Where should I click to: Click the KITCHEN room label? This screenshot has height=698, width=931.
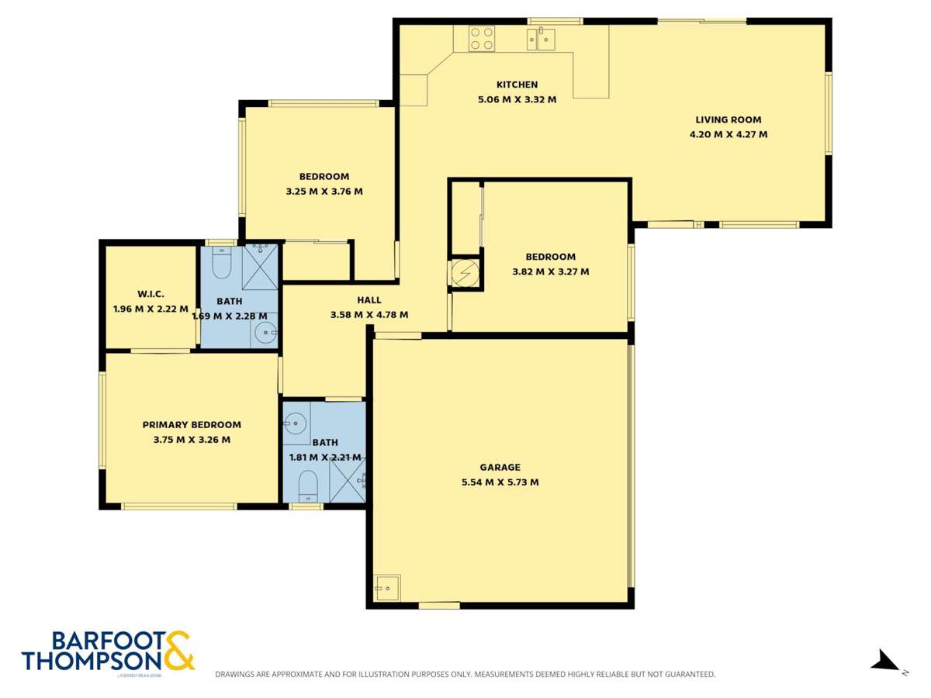tap(517, 85)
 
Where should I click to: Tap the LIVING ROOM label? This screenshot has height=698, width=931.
tap(728, 119)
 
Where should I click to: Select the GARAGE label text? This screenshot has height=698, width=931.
tap(500, 467)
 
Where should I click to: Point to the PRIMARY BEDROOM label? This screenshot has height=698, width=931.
tap(192, 424)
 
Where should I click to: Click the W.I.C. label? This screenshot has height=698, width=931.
tap(151, 294)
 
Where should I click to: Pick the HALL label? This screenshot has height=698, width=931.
tap(369, 300)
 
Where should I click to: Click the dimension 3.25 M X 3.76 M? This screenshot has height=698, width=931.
tap(324, 191)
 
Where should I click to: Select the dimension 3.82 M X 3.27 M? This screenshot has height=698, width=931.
tap(550, 271)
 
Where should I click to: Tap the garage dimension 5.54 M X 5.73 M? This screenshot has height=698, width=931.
tap(500, 482)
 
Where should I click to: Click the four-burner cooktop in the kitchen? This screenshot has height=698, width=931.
tap(481, 39)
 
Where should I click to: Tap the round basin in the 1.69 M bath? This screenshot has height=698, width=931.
tap(265, 333)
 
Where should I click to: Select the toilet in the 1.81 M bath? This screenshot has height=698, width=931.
tap(308, 484)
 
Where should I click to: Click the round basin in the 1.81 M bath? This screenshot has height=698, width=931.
tap(296, 423)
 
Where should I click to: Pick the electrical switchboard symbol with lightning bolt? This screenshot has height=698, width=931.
tap(465, 274)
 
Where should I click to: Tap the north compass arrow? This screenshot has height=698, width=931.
tap(885, 662)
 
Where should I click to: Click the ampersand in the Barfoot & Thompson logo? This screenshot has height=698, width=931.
tap(178, 650)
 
